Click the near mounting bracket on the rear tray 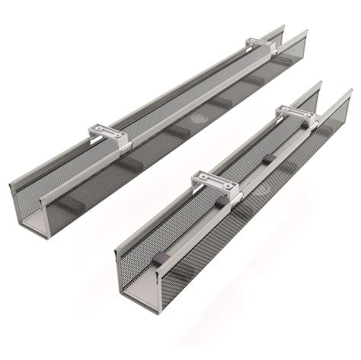[x=109, y=137]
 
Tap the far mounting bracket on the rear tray [x=261, y=45]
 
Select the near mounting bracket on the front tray [x=216, y=185]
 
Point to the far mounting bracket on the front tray [x=294, y=114]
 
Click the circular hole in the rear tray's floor [x=199, y=119]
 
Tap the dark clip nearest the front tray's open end [x=160, y=259]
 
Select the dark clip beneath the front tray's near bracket [x=220, y=202]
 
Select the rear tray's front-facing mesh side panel [x=152, y=152]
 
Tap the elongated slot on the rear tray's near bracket [x=107, y=134]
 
